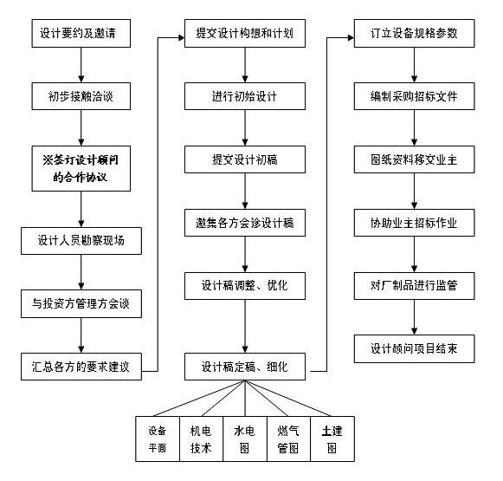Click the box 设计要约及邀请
point(81,34)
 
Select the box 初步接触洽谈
point(81,96)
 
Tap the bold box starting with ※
point(81,169)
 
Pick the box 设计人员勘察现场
point(81,241)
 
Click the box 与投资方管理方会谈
point(81,303)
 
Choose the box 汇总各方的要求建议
point(81,367)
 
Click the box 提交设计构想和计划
point(245,34)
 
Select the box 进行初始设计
point(245,96)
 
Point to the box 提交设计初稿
point(245,159)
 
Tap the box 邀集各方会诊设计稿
point(245,223)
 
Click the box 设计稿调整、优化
point(245,286)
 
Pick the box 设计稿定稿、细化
point(245,367)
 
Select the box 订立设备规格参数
point(414,34)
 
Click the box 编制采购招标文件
point(414,96)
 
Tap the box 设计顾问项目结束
point(414,349)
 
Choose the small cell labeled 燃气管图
point(288,439)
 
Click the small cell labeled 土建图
point(332,439)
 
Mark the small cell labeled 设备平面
point(158,439)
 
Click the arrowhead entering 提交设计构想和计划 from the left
point(181,38)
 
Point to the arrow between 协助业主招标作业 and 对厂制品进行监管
point(414,254)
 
